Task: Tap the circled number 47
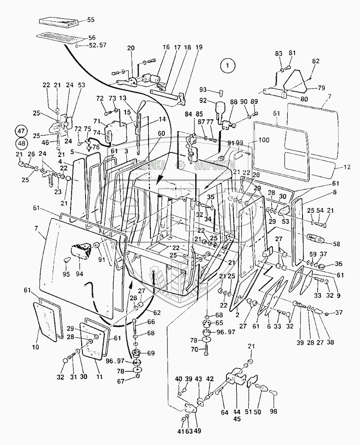pyautogui.click(x=22, y=131)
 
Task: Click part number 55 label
pyautogui.click(x=91, y=19)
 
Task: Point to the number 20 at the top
pyautogui.click(x=131, y=48)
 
